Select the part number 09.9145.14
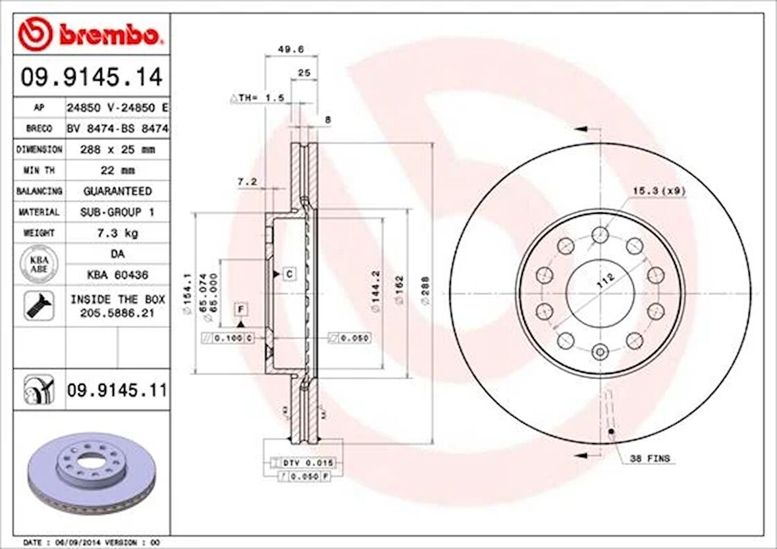coord(91,78)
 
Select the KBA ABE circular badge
coord(39,264)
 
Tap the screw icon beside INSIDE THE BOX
coord(39,305)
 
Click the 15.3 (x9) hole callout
coord(658,191)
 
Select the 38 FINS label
coord(649,457)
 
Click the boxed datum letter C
coord(288,273)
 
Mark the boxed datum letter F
coord(241,308)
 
